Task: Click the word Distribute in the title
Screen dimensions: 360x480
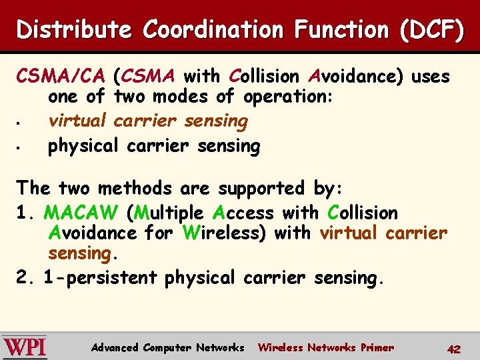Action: click(x=73, y=30)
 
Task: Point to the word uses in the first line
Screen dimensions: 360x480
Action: click(x=430, y=77)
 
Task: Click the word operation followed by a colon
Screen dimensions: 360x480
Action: click(x=288, y=97)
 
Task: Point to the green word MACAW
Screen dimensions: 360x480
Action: click(x=81, y=213)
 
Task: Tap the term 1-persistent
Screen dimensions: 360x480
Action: click(x=100, y=277)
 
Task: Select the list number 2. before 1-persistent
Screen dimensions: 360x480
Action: click(x=25, y=277)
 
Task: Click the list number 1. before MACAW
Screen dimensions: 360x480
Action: click(x=25, y=213)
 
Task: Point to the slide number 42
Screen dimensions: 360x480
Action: click(x=453, y=349)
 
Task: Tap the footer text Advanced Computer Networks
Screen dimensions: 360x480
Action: click(x=167, y=347)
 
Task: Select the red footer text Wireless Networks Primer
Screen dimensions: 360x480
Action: click(x=325, y=347)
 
